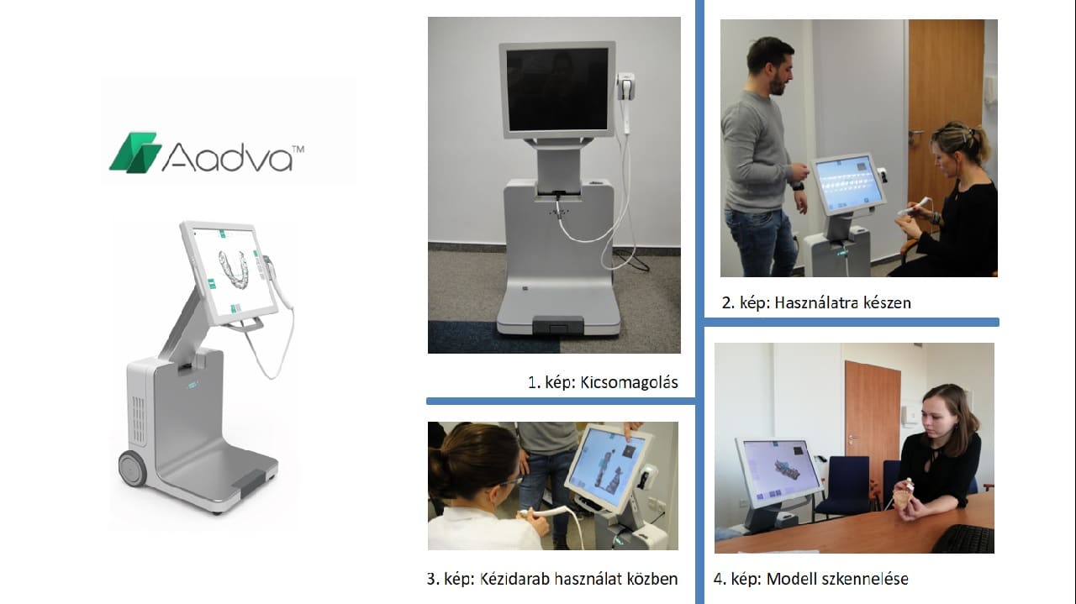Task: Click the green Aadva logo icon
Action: point(135,152)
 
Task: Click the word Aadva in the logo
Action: point(227,157)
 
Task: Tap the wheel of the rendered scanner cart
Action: point(133,468)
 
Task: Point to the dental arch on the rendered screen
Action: point(235,269)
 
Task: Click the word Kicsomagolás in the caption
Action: point(629,383)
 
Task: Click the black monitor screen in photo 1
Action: point(556,89)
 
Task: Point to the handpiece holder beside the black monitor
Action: point(626,87)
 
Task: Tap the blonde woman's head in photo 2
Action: point(956,146)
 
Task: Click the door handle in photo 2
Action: point(916,132)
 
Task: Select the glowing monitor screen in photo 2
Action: point(849,182)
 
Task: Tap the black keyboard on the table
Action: point(963,538)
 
